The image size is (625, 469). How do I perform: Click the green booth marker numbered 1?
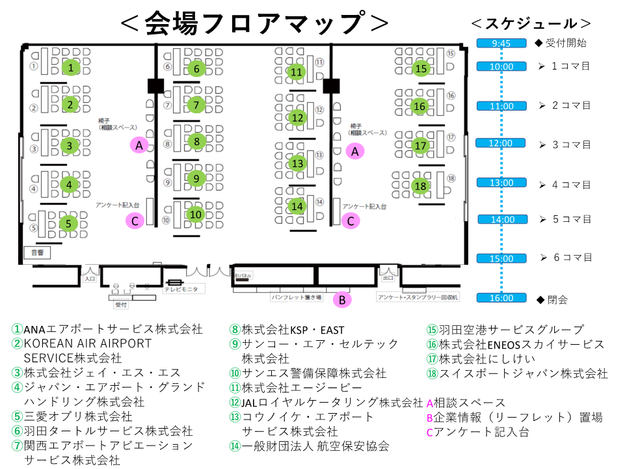pyautogui.click(x=70, y=67)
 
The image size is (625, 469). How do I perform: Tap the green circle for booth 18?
pyautogui.click(x=421, y=187)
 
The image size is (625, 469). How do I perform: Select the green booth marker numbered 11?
pyautogui.click(x=297, y=72)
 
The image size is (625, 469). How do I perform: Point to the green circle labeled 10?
pyautogui.click(x=196, y=213)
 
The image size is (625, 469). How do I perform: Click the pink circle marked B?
pyautogui.click(x=341, y=300)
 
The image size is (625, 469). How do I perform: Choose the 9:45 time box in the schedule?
pyautogui.click(x=501, y=44)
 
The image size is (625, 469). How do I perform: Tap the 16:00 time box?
pyautogui.click(x=501, y=298)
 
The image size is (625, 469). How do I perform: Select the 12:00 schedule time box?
pyautogui.click(x=501, y=143)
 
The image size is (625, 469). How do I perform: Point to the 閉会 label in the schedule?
pyautogui.click(x=557, y=300)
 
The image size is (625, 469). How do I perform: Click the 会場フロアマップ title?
pyautogui.click(x=254, y=23)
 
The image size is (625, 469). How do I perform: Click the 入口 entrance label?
pyautogui.click(x=90, y=278)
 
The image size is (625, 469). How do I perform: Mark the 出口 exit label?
pyautogui.click(x=388, y=278)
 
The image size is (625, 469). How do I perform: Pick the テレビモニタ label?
pyautogui.click(x=185, y=288)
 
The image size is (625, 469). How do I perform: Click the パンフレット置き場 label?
pyautogui.click(x=297, y=297)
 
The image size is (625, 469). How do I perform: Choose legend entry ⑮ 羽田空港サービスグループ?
pyautogui.click(x=505, y=330)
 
